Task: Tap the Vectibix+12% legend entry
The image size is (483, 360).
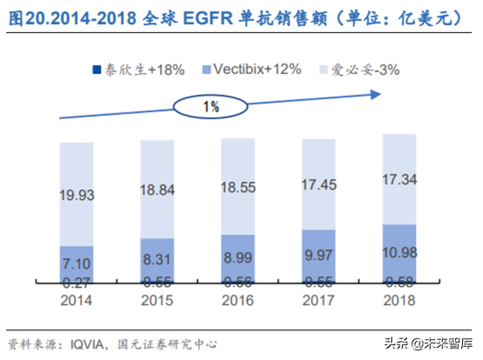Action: point(245,69)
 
